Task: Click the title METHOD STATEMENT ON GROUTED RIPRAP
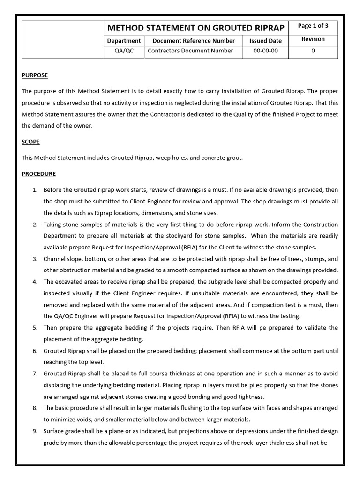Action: point(195,28)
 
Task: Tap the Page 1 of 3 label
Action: point(313,26)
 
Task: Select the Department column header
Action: point(124,41)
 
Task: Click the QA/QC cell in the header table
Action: point(124,51)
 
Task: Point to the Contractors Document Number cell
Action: point(190,51)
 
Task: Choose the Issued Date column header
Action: point(265,41)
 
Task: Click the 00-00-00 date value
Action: point(265,51)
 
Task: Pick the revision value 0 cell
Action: point(313,51)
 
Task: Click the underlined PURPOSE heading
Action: point(35,75)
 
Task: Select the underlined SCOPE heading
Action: point(30,142)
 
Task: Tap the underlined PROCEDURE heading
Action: point(38,174)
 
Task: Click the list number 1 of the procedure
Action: point(35,190)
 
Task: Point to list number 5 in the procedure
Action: point(35,328)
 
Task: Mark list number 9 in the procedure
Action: point(35,431)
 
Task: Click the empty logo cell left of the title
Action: point(63,39)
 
